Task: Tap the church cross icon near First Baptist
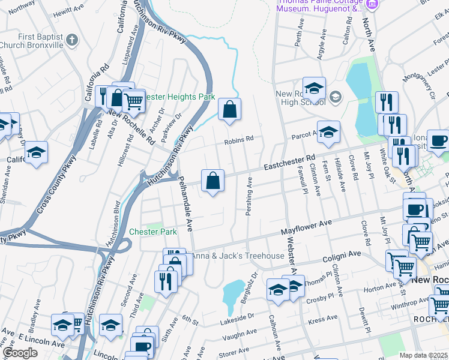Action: [x=72, y=41]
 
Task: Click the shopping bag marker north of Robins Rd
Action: [x=229, y=110]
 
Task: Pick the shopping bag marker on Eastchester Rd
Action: [x=212, y=181]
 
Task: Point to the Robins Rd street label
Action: [x=239, y=141]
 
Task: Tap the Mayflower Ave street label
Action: [x=306, y=226]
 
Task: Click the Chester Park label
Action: [x=153, y=232]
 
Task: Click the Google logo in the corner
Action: [x=20, y=353]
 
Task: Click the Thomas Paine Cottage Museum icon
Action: [x=372, y=5]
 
